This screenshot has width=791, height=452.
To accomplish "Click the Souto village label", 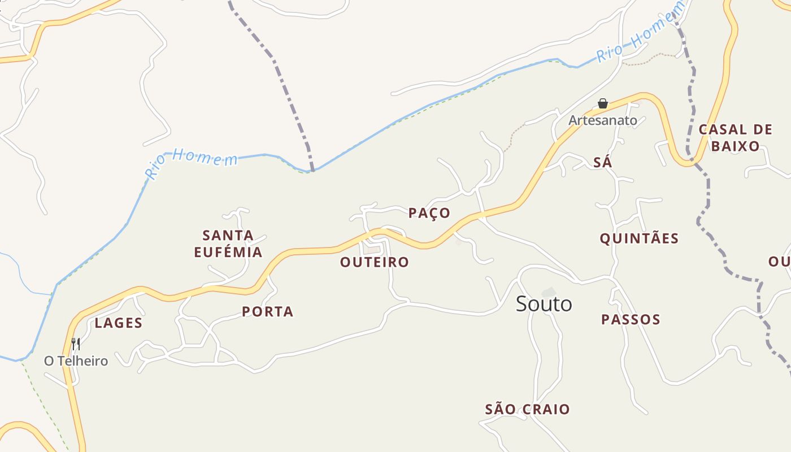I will click(544, 304).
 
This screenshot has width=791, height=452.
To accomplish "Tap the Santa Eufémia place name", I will click(228, 244).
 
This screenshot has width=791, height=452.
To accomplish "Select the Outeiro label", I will click(374, 262).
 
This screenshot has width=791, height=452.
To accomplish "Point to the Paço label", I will click(429, 213).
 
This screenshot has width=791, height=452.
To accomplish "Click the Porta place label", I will click(268, 311).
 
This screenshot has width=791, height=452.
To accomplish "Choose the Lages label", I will click(119, 323).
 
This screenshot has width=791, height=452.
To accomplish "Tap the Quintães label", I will click(639, 238).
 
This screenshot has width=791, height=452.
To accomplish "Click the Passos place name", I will click(631, 320).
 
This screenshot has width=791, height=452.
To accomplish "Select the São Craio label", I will click(528, 409).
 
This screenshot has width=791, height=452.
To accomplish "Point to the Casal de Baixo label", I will click(735, 138).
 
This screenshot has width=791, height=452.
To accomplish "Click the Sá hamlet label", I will click(603, 163).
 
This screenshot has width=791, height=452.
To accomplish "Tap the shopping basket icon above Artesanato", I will click(603, 103).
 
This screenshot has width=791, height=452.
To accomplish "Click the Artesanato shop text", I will click(603, 120).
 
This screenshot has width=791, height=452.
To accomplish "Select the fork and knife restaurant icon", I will click(75, 344).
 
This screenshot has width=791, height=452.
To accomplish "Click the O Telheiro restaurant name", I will click(76, 361).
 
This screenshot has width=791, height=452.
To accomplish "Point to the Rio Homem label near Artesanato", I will click(640, 32).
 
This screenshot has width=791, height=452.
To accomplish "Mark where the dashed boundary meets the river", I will click(312, 170).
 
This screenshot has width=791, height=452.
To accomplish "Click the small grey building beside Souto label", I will click(548, 292).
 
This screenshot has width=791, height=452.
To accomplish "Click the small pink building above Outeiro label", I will click(372, 249).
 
